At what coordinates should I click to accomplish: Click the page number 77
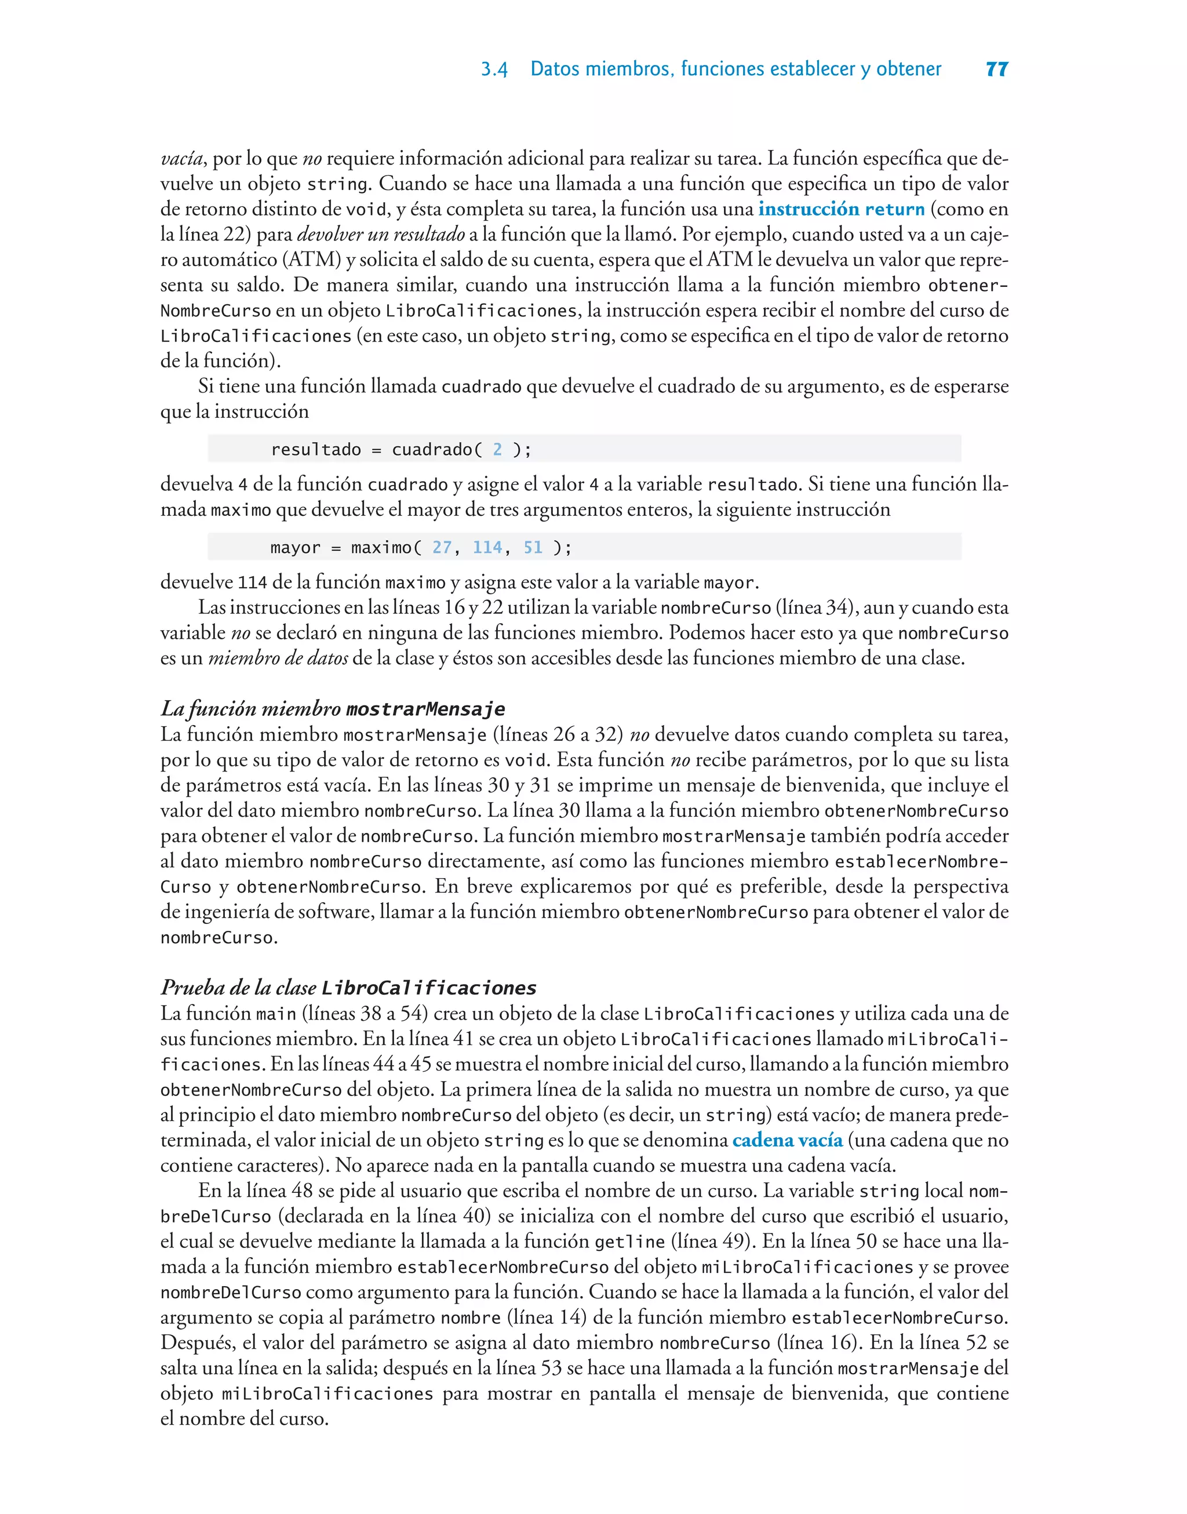[x=996, y=69]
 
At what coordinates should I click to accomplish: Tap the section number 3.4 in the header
[x=494, y=70]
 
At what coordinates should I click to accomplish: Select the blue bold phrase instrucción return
[x=841, y=209]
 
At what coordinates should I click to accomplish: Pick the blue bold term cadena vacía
[x=788, y=1140]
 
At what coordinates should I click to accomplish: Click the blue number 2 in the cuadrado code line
[x=498, y=450]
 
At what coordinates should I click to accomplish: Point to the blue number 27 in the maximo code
[x=442, y=548]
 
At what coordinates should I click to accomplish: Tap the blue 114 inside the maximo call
[x=487, y=548]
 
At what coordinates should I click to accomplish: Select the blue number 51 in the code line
[x=533, y=548]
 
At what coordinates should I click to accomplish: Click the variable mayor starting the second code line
[x=296, y=548]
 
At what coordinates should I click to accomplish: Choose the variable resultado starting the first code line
[x=315, y=450]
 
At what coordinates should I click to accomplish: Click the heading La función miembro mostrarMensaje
[x=333, y=709]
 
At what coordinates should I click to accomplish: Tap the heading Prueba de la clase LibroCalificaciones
[x=348, y=987]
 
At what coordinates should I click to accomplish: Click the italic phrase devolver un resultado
[x=380, y=234]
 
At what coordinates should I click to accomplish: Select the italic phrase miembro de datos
[x=278, y=658]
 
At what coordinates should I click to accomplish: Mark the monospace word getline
[x=629, y=1242]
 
